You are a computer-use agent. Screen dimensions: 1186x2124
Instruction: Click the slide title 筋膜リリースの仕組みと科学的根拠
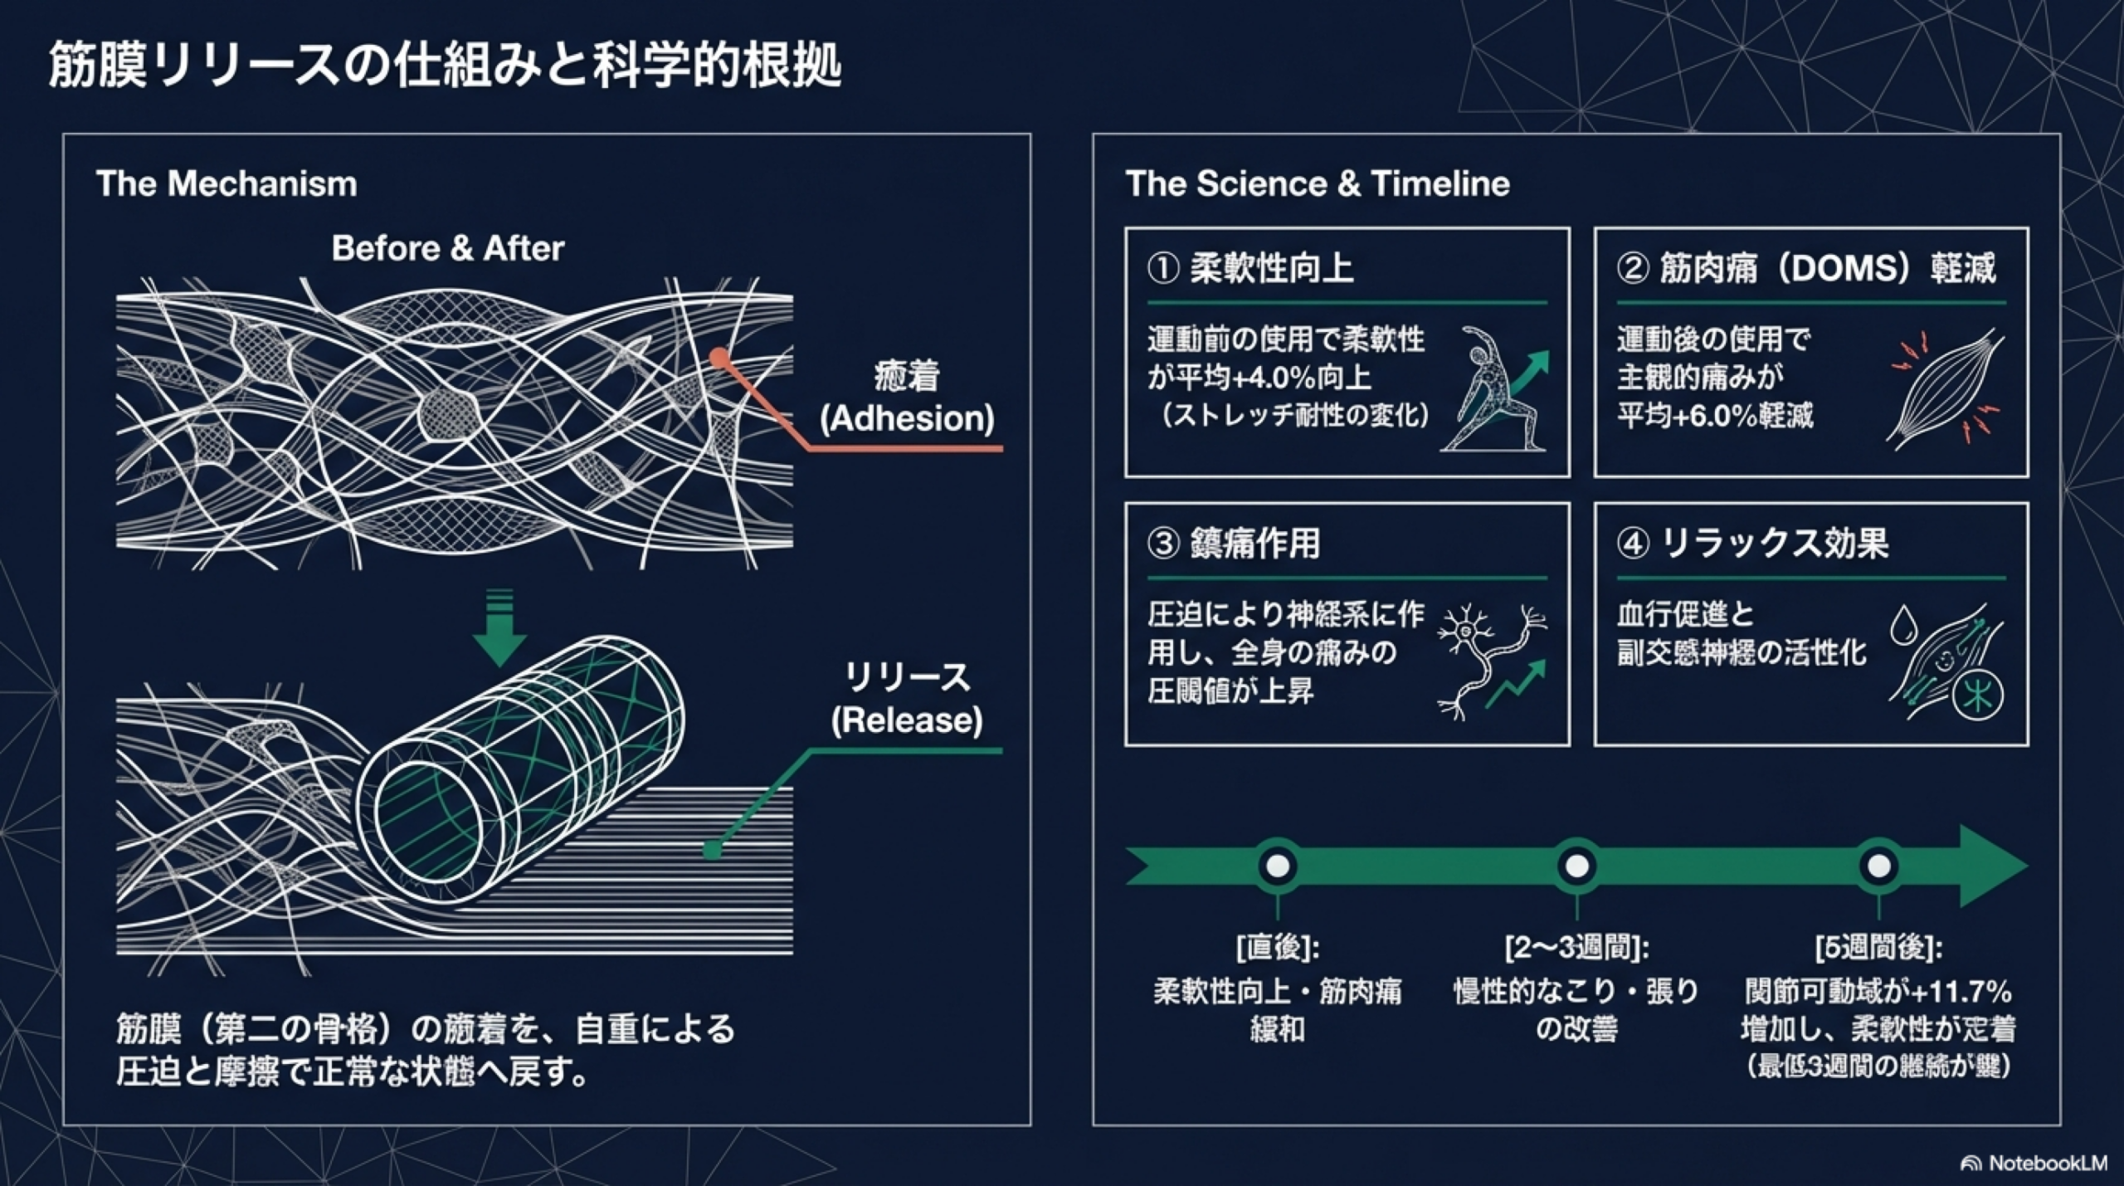[445, 65]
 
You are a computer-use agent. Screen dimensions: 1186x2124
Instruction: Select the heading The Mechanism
[227, 183]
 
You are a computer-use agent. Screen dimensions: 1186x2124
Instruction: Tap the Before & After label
[448, 248]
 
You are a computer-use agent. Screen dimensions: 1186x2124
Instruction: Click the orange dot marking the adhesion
[719, 358]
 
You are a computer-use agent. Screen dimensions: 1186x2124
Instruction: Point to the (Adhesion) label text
[907, 418]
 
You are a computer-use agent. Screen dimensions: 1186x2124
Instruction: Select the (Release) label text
[907, 720]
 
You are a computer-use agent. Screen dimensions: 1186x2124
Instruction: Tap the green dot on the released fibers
[711, 849]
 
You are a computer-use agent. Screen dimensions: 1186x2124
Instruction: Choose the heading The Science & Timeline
[1317, 183]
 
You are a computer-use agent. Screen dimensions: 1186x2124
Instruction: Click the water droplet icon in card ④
[1902, 624]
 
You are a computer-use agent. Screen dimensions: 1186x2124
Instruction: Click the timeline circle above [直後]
[1278, 866]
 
